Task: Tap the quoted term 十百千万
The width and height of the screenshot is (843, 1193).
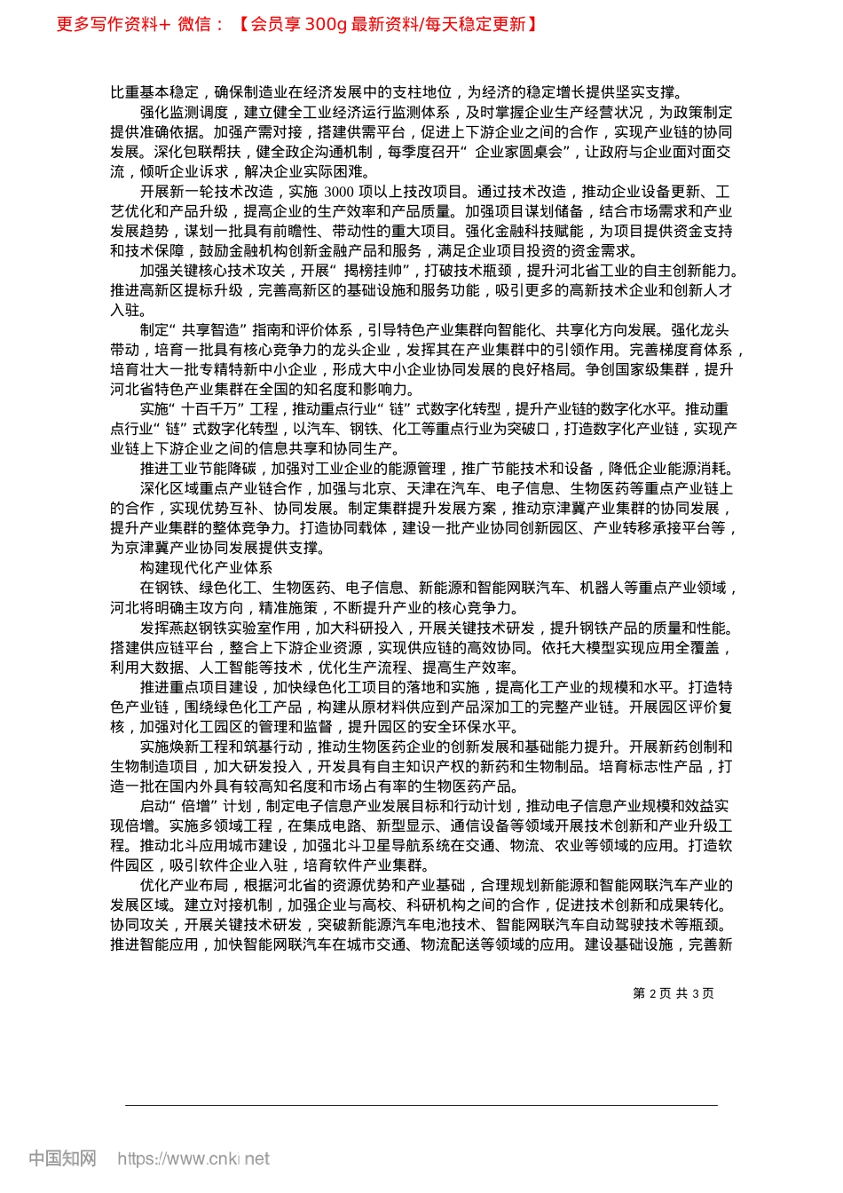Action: [x=215, y=409]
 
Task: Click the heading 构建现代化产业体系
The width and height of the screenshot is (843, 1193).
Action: [x=206, y=568]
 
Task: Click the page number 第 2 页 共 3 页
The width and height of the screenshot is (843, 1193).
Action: [x=674, y=993]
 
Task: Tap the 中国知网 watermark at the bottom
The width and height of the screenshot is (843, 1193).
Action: [x=62, y=1158]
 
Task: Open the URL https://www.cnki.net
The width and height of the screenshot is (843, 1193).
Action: [x=193, y=1158]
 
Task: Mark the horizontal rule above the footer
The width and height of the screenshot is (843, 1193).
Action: [x=421, y=1105]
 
